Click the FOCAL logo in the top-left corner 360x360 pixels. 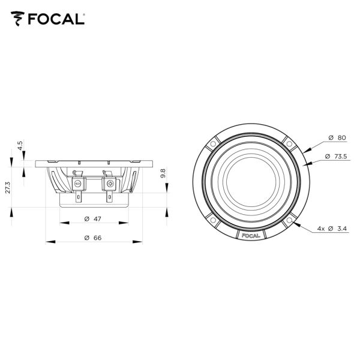point(48,19)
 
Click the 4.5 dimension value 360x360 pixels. point(20,146)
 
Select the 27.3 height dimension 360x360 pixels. point(8,188)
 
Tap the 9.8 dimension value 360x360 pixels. point(163,173)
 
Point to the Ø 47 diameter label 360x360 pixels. point(93,219)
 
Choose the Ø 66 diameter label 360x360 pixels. point(93,238)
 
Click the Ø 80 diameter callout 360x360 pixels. point(337,138)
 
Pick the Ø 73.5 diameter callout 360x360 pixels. point(336,157)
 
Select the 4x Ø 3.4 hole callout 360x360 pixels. point(332,229)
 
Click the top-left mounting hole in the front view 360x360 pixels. point(213,144)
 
